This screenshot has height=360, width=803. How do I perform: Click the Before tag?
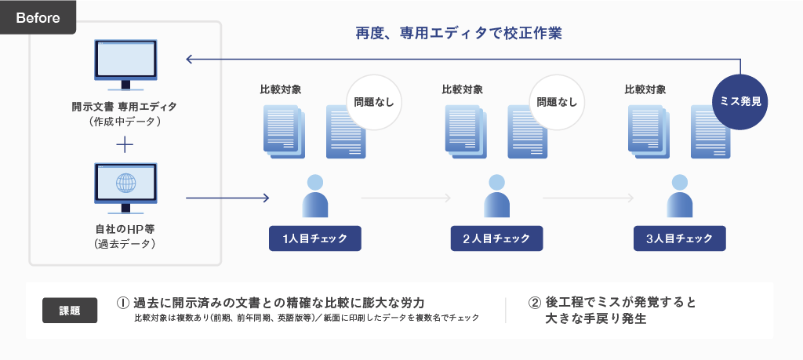pos(38,17)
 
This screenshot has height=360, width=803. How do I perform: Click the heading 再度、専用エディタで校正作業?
pos(459,34)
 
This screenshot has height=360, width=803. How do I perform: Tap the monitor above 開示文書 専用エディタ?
pos(125,64)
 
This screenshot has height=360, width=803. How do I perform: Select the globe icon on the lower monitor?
pos(125,183)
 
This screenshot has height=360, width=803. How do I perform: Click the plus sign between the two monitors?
pos(125,145)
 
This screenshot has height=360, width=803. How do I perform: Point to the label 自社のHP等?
pos(125,229)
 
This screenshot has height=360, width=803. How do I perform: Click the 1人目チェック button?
pos(315,238)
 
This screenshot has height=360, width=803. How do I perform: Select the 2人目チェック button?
pos(496,238)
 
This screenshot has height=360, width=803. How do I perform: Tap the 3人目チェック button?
pos(679,238)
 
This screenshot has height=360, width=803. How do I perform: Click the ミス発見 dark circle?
pos(740,102)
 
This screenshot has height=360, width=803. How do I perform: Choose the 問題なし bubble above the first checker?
pos(374,102)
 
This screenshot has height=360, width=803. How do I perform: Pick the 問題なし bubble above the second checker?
pos(557,102)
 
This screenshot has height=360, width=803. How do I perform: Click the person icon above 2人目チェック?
pos(496,196)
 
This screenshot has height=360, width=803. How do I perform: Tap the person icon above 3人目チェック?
pos(679,196)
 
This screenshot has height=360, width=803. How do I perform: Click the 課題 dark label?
pos(70,311)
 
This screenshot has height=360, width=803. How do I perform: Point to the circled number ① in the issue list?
pos(122,303)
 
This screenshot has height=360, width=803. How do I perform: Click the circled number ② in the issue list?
pos(533,303)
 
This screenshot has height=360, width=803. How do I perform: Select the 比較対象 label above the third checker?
pos(645,89)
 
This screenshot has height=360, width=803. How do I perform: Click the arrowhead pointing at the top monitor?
pos(188,60)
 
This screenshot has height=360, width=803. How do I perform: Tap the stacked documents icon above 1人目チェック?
pos(284,132)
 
